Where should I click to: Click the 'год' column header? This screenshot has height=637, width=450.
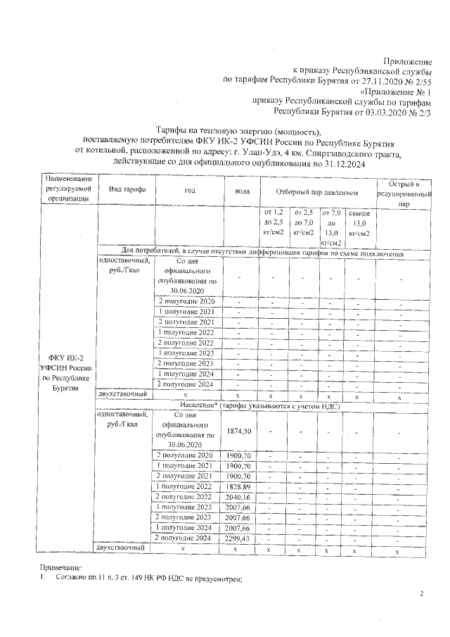[x=189, y=191]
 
